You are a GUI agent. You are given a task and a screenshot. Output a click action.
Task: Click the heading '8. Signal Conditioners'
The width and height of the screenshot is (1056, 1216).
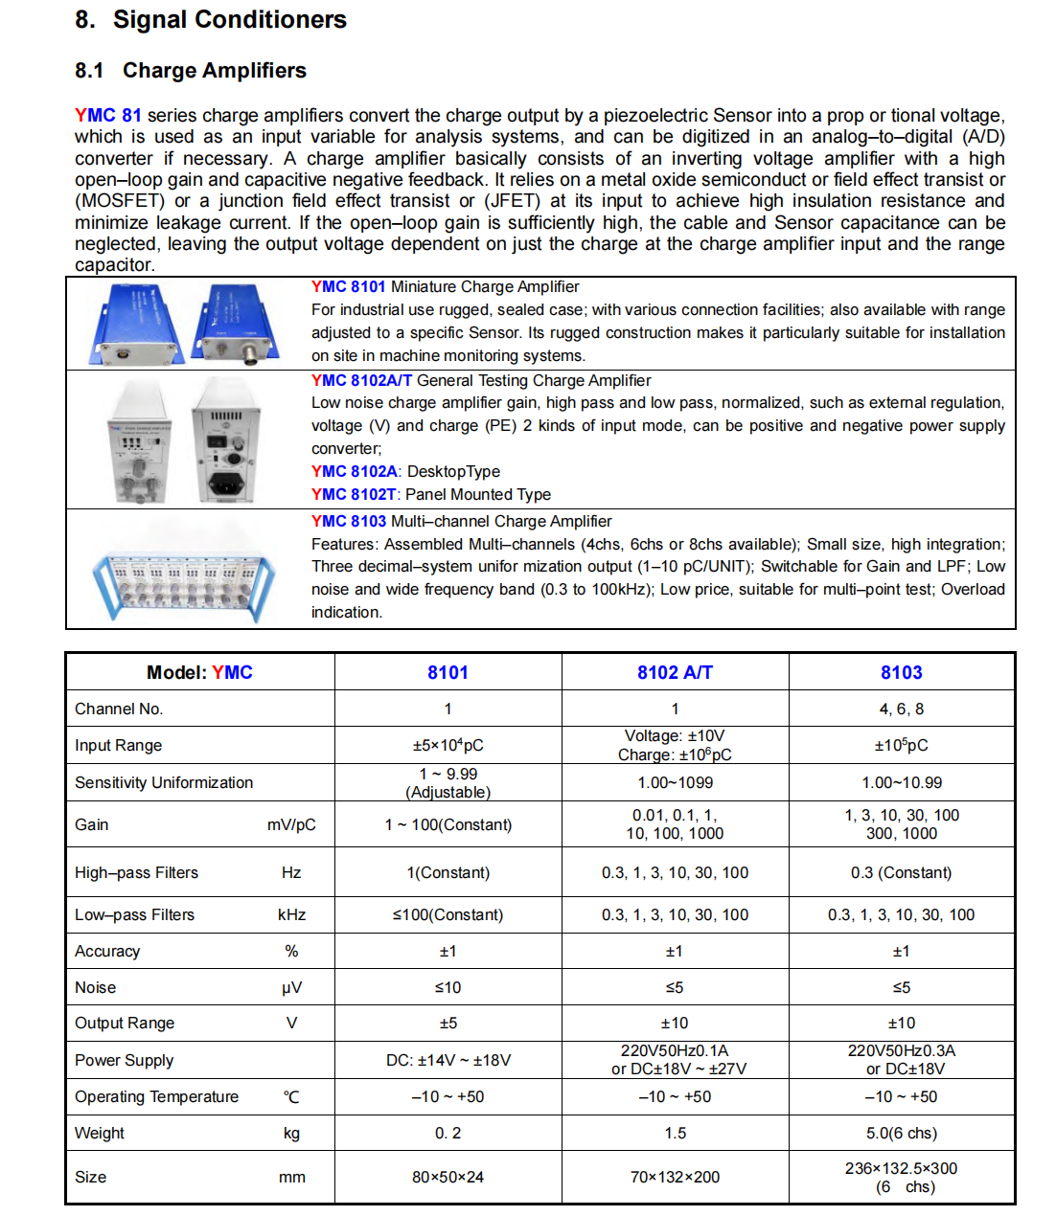(211, 19)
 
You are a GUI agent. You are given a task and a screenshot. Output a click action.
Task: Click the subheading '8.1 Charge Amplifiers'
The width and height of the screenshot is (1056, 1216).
(191, 70)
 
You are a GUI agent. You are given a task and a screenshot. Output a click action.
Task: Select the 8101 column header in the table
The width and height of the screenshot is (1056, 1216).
(448, 672)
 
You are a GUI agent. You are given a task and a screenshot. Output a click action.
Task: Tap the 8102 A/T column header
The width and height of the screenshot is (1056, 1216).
(675, 672)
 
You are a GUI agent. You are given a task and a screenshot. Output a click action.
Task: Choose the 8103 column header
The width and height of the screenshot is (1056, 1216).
(901, 672)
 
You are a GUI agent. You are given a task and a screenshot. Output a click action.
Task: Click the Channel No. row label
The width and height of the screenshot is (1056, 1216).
(119, 709)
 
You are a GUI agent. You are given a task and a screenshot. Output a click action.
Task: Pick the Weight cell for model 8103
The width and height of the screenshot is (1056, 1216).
(901, 1133)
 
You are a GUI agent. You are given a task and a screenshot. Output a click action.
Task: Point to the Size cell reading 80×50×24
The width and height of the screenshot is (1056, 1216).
(448, 1177)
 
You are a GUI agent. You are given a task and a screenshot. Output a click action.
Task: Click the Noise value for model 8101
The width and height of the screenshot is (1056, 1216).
(448, 987)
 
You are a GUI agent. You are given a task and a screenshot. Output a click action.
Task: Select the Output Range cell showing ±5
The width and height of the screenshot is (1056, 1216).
(448, 1023)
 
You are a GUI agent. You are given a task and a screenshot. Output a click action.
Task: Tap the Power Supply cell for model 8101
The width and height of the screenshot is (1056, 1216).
(448, 1060)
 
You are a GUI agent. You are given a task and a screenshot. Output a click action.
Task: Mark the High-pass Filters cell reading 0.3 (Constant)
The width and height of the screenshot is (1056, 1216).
(901, 872)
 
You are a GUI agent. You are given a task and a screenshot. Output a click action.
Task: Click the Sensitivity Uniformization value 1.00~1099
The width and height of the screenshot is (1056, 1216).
(675, 782)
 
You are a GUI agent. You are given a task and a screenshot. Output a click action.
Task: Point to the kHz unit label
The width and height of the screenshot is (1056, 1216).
(291, 914)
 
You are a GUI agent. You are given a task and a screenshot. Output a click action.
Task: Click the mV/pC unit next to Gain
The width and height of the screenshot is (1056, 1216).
(291, 824)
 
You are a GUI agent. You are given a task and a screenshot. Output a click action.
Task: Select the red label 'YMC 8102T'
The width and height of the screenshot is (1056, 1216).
(354, 494)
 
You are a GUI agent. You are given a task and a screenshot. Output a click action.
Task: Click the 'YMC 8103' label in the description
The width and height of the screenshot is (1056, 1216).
(349, 521)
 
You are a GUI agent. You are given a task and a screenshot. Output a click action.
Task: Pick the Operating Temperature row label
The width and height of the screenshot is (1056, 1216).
(157, 1096)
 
